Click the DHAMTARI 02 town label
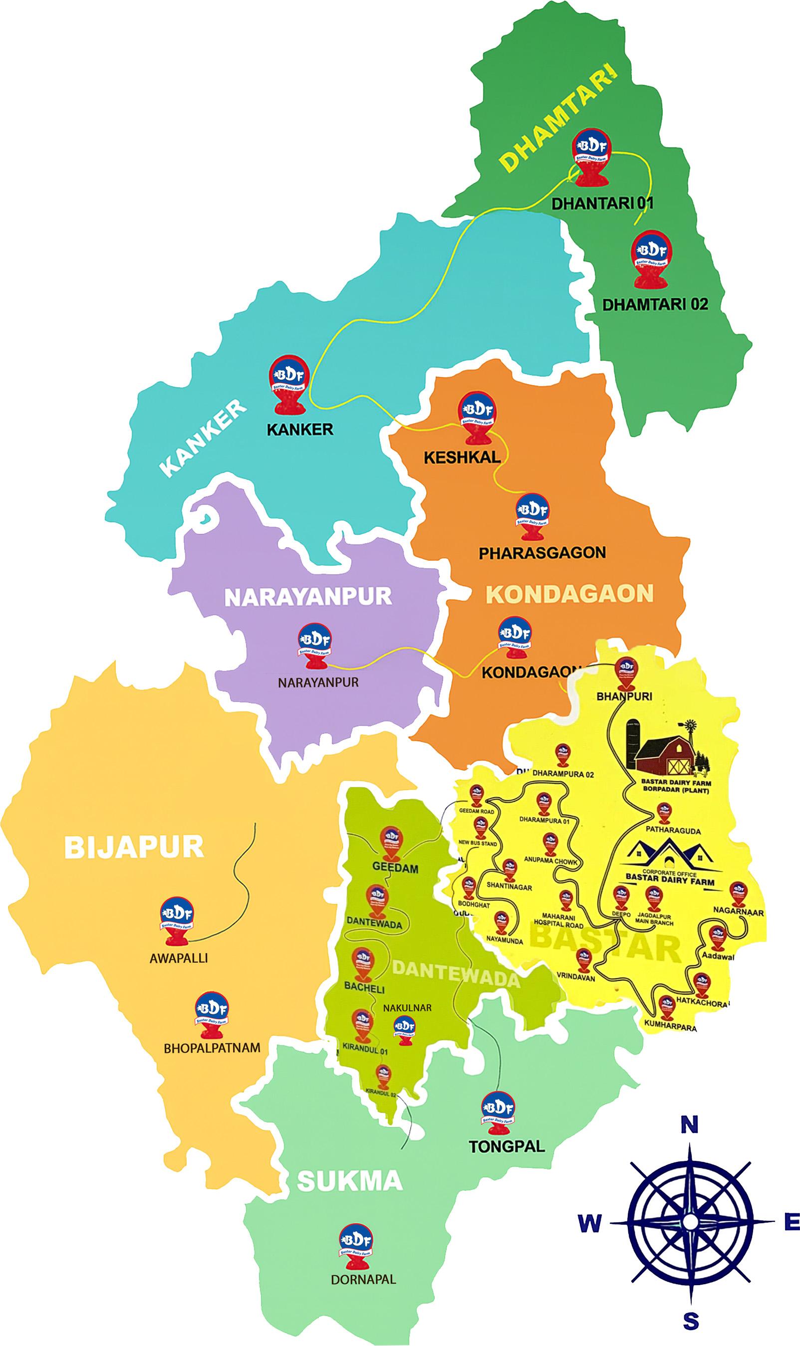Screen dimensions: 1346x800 654,304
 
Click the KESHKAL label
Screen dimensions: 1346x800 462,458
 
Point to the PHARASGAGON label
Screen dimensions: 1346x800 542,553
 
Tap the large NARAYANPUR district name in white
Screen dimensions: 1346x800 307,597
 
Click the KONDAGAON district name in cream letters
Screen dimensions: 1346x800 569,594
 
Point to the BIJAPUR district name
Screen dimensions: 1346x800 134,847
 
